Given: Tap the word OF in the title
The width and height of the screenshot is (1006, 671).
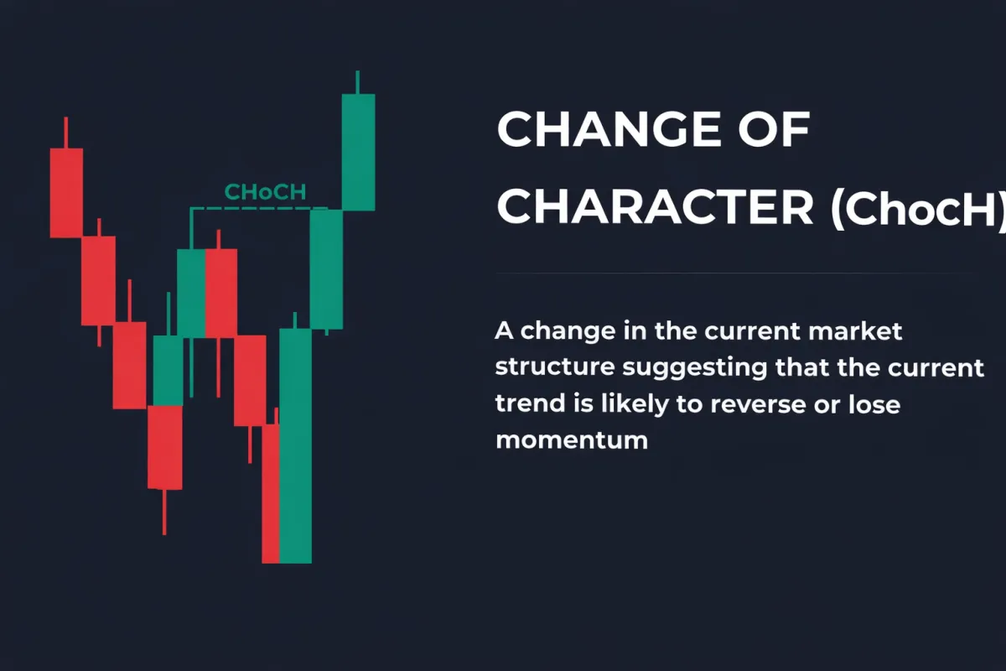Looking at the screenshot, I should (x=777, y=131).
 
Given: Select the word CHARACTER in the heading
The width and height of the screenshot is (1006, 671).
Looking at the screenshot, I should (x=655, y=206).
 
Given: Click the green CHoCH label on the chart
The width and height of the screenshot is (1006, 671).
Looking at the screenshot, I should (x=265, y=193).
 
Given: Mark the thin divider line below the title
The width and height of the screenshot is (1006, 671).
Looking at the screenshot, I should (x=738, y=273).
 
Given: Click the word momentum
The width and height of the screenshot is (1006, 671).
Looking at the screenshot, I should (x=572, y=440).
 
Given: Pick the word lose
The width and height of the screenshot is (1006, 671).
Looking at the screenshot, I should (x=872, y=404).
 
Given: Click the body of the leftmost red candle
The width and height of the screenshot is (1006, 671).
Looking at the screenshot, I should (x=66, y=193).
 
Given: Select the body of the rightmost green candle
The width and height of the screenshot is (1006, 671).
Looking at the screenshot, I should (x=358, y=151).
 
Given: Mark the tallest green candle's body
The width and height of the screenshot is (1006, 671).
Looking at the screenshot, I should (x=295, y=445).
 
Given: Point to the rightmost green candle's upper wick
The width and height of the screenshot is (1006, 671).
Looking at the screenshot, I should (x=358, y=82).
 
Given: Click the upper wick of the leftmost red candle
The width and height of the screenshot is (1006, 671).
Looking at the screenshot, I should (x=66, y=133).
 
